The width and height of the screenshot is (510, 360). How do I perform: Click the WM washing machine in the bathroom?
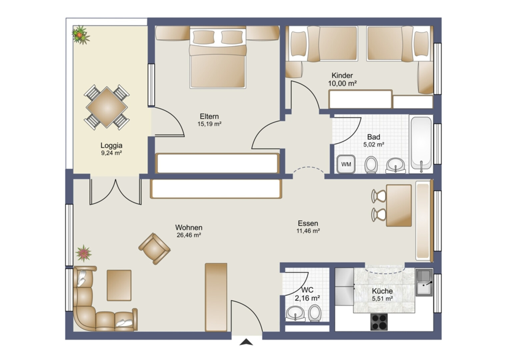tap(346, 164)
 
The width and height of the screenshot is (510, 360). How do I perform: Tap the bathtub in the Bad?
tap(421, 143)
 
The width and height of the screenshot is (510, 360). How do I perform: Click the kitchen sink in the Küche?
tap(424, 282)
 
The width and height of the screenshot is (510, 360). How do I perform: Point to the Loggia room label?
tap(111, 146)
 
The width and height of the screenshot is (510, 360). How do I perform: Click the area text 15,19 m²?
tap(209, 124)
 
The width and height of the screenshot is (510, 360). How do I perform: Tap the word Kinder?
tap(342, 75)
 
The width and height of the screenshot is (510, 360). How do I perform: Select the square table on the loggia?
tap(107, 107)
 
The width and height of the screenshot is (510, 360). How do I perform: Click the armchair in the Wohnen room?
tap(154, 248)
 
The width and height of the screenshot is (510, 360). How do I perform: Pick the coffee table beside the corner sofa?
tap(119, 285)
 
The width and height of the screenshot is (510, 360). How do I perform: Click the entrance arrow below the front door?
tap(246, 342)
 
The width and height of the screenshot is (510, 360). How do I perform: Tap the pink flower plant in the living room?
tap(84, 253)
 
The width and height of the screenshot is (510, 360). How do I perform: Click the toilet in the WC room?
tap(315, 313)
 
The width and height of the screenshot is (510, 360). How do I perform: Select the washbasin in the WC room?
tap(296, 313)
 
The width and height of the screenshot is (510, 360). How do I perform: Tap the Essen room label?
tap(308, 223)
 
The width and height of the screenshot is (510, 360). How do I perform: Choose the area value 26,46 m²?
tap(189, 235)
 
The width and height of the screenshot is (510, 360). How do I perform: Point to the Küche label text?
tap(382, 291)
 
